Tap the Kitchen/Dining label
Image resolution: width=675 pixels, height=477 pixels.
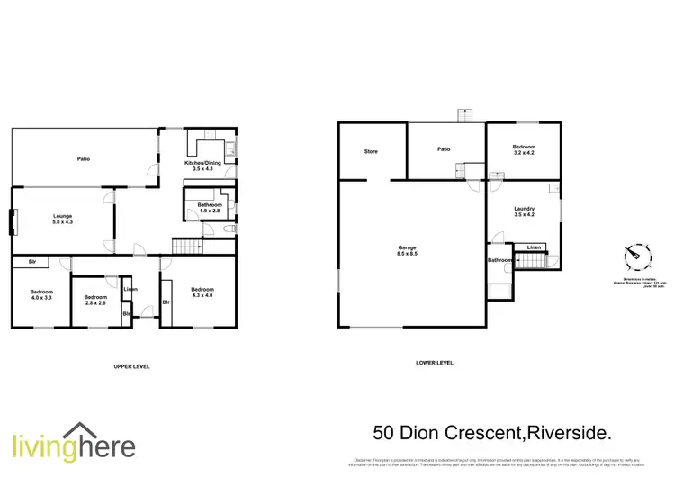pos(202,166)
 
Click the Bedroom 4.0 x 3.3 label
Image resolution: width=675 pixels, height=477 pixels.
pos(41,295)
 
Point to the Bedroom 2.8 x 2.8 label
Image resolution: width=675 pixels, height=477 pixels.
pos(95,301)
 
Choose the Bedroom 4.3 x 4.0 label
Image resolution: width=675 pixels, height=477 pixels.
pos(202,292)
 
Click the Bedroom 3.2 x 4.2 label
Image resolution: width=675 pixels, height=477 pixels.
pos(525,150)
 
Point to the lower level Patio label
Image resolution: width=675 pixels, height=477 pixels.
pos(444,150)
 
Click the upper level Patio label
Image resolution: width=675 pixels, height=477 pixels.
pos(83,158)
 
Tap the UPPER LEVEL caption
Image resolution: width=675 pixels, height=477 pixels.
pos(131,367)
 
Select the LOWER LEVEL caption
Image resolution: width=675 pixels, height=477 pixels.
pos(435,363)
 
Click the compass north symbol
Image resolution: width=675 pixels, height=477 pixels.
pos(635,256)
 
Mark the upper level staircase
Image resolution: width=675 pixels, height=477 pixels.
pos(185,247)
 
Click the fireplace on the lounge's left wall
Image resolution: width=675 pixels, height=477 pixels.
pos(13,221)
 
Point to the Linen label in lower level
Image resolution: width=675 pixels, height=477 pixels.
pos(535,247)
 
